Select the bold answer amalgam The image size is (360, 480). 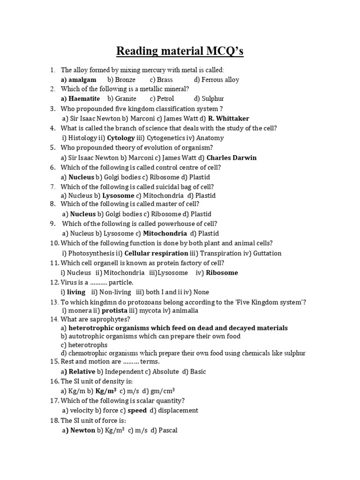click(82, 80)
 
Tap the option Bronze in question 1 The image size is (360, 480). click(125, 80)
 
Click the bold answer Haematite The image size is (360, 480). click(84, 98)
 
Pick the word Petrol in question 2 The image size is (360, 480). click(165, 98)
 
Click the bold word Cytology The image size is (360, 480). click(121, 138)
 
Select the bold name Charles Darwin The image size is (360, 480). click(232, 157)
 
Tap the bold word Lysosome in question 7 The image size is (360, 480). click(118, 195)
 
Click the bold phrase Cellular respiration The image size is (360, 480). click(156, 253)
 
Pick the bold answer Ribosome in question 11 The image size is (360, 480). click(222, 272)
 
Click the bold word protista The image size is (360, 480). click(115, 310)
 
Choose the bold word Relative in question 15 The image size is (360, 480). click(82, 371)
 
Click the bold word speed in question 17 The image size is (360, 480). click(137, 410)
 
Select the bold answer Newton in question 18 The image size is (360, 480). click(82, 430)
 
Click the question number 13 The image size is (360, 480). click(54, 302)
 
